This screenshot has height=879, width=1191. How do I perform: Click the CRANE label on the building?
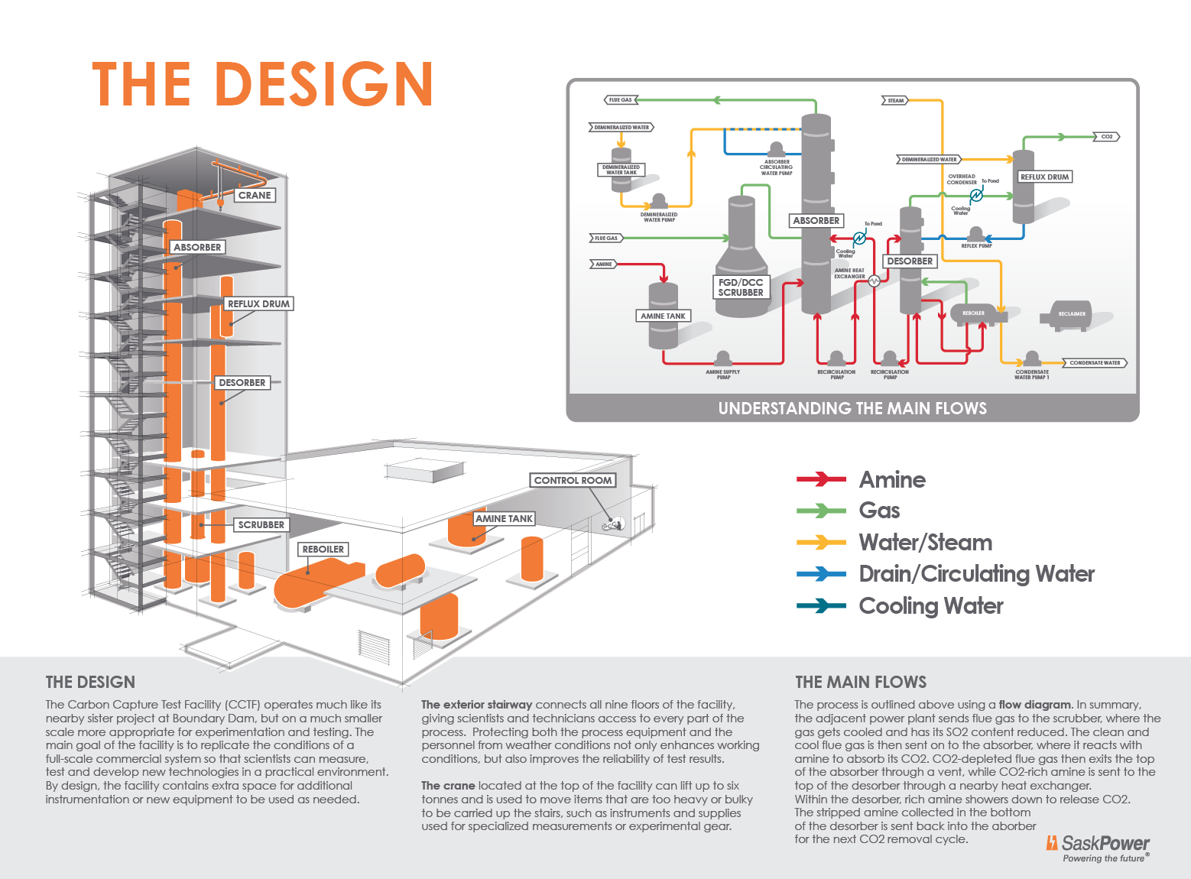pyautogui.click(x=255, y=196)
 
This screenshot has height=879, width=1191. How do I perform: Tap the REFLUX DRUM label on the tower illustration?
pyautogui.click(x=258, y=304)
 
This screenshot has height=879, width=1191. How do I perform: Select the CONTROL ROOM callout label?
pyautogui.click(x=573, y=481)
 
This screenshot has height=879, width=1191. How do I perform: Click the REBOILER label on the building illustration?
pyautogui.click(x=323, y=550)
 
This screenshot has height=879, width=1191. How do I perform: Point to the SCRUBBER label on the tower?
pyautogui.click(x=261, y=525)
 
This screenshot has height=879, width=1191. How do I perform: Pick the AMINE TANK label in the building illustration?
pyautogui.click(x=504, y=519)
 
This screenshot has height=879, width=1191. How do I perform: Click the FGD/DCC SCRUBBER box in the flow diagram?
pyautogui.click(x=741, y=287)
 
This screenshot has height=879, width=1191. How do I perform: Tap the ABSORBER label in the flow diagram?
pyautogui.click(x=816, y=221)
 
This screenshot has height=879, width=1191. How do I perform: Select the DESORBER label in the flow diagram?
pyautogui.click(x=910, y=261)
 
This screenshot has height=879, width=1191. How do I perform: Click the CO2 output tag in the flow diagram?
pyautogui.click(x=1107, y=137)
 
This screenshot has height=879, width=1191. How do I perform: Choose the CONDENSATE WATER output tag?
pyautogui.click(x=1095, y=363)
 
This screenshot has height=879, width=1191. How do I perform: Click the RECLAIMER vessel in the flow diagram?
pyautogui.click(x=1071, y=314)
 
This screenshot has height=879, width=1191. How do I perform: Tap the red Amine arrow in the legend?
pyautogui.click(x=821, y=479)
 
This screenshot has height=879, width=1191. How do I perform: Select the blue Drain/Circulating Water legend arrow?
pyautogui.click(x=821, y=573)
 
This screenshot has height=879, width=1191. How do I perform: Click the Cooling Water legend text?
pyautogui.click(x=930, y=606)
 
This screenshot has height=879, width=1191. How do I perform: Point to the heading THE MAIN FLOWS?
pyautogui.click(x=860, y=683)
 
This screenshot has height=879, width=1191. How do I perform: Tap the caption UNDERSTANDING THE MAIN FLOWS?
pyautogui.click(x=852, y=408)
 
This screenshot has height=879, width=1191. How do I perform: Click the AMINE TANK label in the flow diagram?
pyautogui.click(x=663, y=316)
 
